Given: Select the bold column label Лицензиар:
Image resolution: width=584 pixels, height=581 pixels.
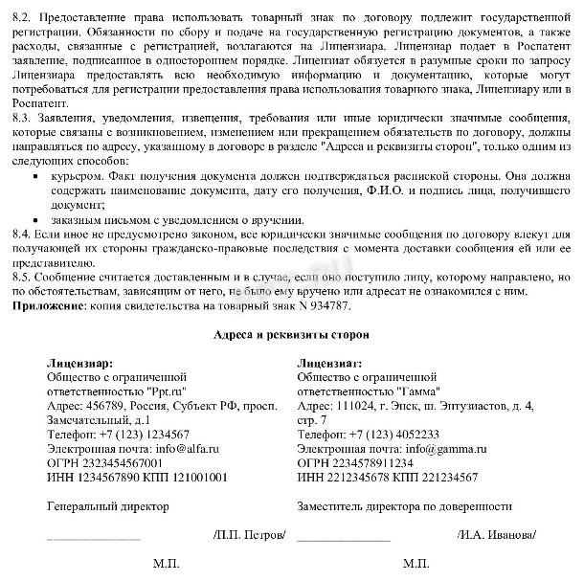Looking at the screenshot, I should pyautogui.click(x=79, y=364).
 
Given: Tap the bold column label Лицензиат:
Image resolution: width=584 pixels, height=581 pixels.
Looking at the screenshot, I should pyautogui.click(x=329, y=364).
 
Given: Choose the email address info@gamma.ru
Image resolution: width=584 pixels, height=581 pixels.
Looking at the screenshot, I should pyautogui.click(x=437, y=448).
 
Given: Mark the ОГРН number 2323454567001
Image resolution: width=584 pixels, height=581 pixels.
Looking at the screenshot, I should pyautogui.click(x=130, y=462).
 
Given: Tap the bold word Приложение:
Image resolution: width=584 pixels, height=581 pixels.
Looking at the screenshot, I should pyautogui.click(x=47, y=305).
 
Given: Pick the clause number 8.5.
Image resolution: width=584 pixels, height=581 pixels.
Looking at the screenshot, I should pyautogui.click(x=19, y=277).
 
